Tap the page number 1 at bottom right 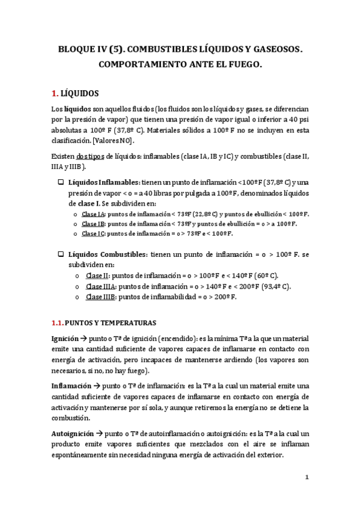[307, 478]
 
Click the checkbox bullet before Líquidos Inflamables [60, 182]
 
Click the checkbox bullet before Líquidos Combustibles [60, 254]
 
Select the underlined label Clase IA [93, 214]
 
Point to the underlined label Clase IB [93, 224]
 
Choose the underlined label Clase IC [93, 233]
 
